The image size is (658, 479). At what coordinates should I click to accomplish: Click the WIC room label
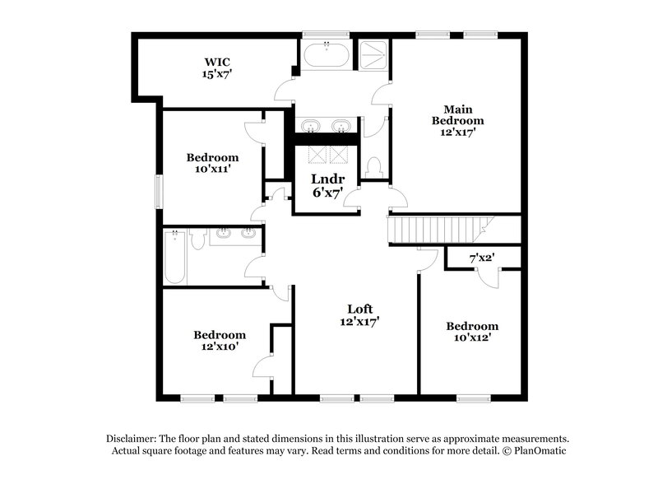point(217,61)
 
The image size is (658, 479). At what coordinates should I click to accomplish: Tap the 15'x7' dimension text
point(217,74)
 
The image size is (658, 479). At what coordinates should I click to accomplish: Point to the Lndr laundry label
point(327,179)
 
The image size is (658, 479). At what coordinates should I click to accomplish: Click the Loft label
point(359,309)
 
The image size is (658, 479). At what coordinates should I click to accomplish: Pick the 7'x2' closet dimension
point(482,258)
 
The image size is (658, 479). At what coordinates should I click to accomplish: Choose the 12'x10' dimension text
point(220,347)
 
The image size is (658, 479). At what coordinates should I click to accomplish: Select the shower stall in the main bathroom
point(372,55)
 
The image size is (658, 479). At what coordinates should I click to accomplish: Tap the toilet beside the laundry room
point(374,166)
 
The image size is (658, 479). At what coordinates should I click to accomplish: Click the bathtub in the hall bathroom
point(174,257)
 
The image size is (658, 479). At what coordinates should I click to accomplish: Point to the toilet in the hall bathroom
point(197,239)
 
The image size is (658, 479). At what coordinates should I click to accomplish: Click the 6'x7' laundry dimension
point(327,193)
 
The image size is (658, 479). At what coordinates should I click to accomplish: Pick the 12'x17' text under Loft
point(359,322)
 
